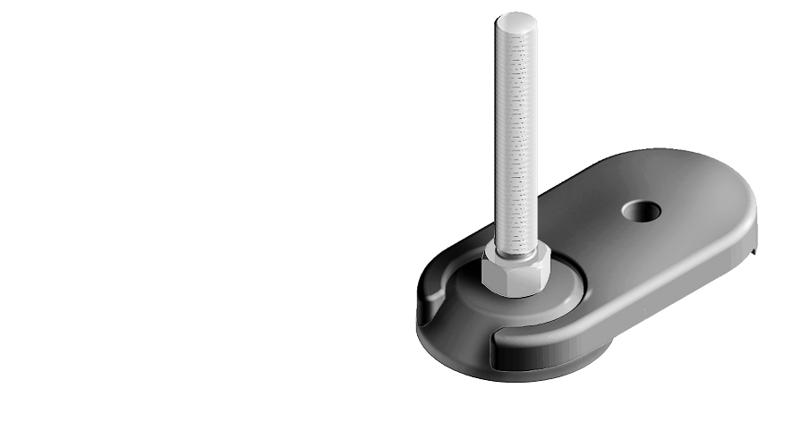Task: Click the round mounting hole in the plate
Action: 642,211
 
